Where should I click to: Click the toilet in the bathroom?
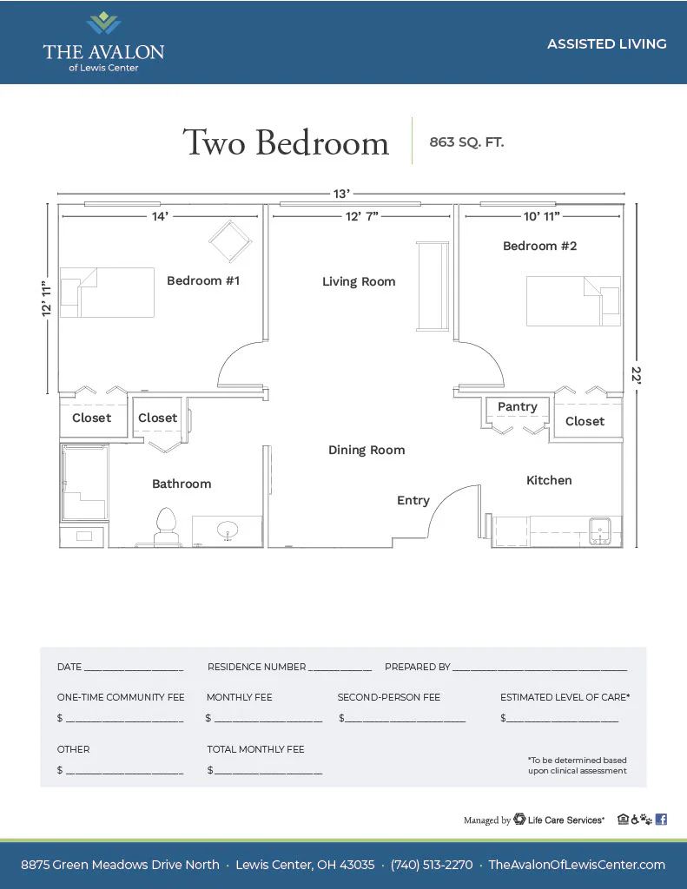pos(166,527)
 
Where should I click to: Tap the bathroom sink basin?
pos(228,530)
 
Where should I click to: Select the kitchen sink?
pos(599,531)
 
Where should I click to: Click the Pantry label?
pos(518,406)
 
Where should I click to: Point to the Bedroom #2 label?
pos(539,246)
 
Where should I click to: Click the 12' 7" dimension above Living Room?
pos(362,216)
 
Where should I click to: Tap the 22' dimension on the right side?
pos(637,375)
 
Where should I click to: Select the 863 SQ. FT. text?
pos(466,142)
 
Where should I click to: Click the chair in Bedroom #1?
pos(230,241)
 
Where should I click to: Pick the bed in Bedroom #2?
pos(573,301)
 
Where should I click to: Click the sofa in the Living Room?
pos(433,286)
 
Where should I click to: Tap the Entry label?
pos(413,500)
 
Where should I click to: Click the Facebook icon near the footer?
pos(661,820)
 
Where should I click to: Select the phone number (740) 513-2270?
pos(431,865)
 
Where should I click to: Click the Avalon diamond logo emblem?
pos(103,23)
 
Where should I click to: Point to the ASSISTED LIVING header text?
pos(606,43)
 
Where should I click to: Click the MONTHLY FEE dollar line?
pos(268,721)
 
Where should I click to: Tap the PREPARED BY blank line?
pos(539,670)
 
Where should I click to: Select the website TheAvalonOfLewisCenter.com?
pos(577,865)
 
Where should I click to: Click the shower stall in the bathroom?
pos(84,483)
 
